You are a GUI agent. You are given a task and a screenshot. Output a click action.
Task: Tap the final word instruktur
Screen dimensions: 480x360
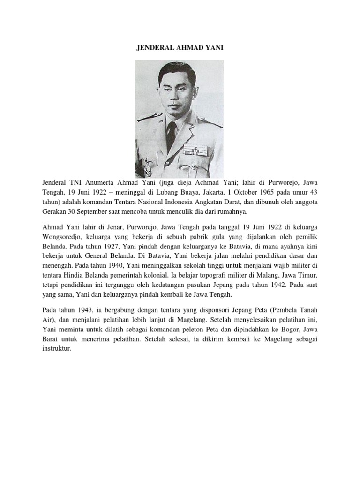[x=56, y=349]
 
